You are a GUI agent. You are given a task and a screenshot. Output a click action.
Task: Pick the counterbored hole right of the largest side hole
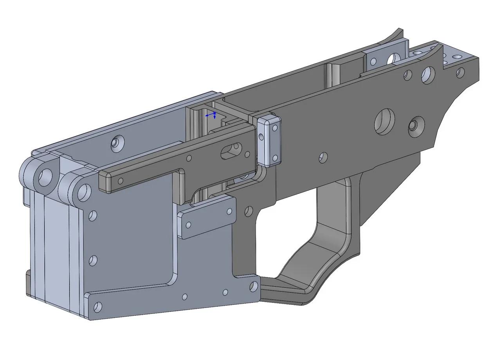pyautogui.click(x=416, y=126)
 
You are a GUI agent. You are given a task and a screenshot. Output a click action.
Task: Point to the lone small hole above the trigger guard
pyautogui.click(x=323, y=157)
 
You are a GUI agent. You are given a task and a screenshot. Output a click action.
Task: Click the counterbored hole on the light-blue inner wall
pyautogui.click(x=117, y=143)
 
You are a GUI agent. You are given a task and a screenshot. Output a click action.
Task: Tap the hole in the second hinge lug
pyautogui.click(x=83, y=191)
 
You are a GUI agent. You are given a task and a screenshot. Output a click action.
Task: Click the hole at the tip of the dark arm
pyautogui.click(x=121, y=181)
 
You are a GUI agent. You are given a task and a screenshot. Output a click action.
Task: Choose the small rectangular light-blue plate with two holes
pyautogui.click(x=206, y=218)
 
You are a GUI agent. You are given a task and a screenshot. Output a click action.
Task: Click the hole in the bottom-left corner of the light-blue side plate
pyautogui.click(x=98, y=306)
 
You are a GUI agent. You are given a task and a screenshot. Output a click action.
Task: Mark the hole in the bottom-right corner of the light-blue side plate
pyautogui.click(x=254, y=287)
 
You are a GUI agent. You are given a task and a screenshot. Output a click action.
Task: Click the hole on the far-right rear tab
pyautogui.click(x=460, y=72)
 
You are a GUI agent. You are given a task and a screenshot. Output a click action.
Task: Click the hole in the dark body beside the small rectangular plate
pyautogui.click(x=248, y=211)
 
